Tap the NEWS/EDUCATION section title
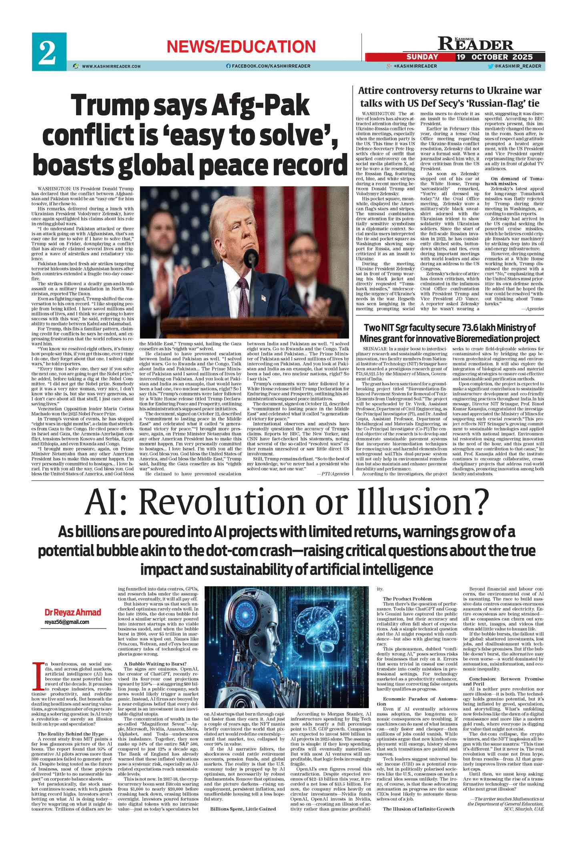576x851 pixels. [241, 47]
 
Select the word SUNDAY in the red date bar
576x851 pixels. [422, 57]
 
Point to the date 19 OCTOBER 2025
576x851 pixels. [495, 57]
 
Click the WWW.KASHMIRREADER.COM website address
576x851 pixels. [111, 66]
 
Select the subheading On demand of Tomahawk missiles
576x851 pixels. [514, 181]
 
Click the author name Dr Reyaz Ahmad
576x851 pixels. [72, 613]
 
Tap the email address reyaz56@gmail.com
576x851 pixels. [66, 622]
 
